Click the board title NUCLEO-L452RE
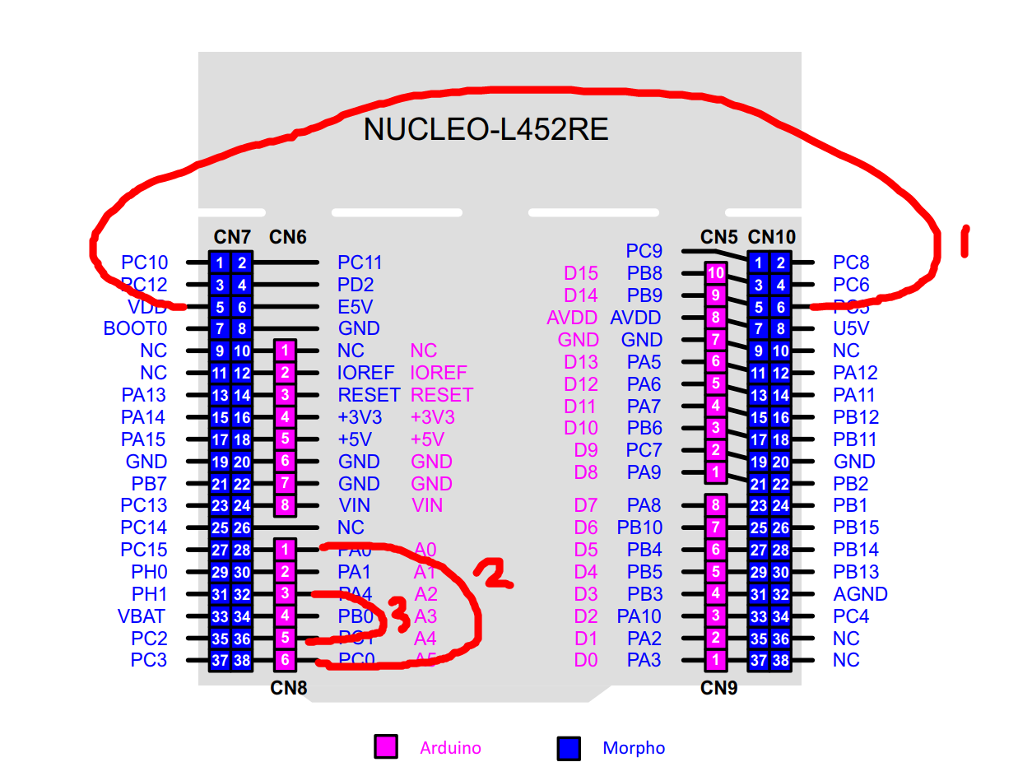(486, 130)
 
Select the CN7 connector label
(232, 237)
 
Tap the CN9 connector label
(718, 687)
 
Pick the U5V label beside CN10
(851, 328)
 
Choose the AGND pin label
(860, 594)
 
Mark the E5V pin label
(356, 307)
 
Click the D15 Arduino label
(580, 273)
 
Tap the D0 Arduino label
(586, 659)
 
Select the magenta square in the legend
(386, 747)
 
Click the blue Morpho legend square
(569, 747)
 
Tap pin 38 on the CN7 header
(241, 660)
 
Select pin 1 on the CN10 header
(758, 263)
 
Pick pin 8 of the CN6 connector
(284, 505)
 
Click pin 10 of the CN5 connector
(716, 273)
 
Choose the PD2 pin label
(356, 285)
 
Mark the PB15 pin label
(855, 527)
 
